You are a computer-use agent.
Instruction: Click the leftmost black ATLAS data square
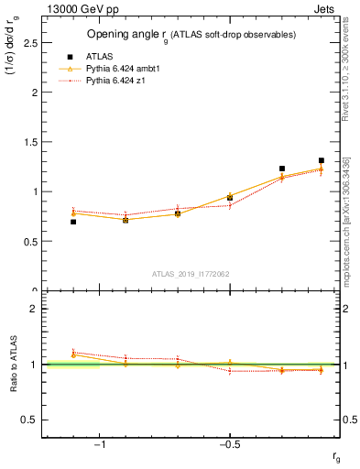point(73,222)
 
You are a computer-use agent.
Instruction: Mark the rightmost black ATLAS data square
point(322,160)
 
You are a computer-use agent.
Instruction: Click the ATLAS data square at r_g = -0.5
point(230,198)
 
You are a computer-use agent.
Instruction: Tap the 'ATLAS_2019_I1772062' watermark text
point(190,273)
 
